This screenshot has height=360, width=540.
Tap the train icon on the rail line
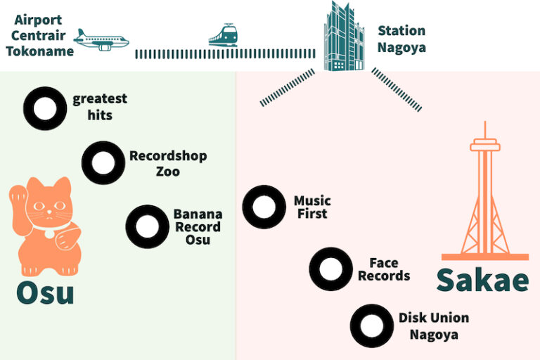coord(223,34)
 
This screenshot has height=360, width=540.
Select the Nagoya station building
coord(344,37)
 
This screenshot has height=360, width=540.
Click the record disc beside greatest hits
coord(45,108)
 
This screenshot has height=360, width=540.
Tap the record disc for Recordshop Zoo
coord(103,162)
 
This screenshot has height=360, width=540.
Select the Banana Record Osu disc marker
coord(147,226)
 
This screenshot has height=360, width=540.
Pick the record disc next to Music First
coord(264,207)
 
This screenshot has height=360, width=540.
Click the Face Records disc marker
coord(330,268)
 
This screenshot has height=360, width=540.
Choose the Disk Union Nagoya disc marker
coord(371,325)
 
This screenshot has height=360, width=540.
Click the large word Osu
coord(45,291)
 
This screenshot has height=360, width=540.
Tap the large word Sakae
coord(482,280)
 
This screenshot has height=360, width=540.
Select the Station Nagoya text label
coord(401,39)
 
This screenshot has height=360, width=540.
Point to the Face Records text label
coord(384,269)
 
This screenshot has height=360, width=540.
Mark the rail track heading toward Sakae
coord(397,90)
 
